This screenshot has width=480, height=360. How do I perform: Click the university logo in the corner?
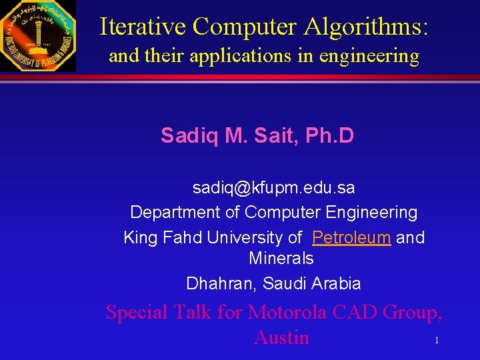(x=38, y=35)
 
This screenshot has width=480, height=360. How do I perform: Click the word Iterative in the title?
(x=143, y=26)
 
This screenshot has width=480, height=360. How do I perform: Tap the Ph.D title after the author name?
(x=329, y=137)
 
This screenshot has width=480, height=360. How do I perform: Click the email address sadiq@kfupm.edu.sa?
(x=273, y=188)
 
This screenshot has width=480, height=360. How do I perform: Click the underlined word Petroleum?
(x=351, y=237)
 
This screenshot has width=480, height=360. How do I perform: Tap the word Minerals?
(x=281, y=258)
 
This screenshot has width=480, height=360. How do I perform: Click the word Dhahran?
(x=221, y=283)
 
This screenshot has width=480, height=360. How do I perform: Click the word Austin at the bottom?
(x=281, y=337)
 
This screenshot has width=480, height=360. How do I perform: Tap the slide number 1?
(x=436, y=341)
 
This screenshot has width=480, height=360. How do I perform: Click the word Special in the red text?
(x=138, y=312)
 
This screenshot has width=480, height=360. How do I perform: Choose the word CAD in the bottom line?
(x=353, y=312)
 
